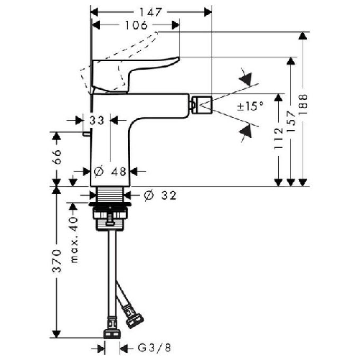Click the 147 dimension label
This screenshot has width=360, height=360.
pyautogui.click(x=151, y=12)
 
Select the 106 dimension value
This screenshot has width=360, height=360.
pyautogui.click(x=136, y=25)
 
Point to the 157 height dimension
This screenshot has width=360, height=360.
pyautogui.click(x=291, y=121)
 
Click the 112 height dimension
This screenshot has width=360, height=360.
pyautogui.click(x=279, y=139)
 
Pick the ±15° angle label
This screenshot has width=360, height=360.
pyautogui.click(x=250, y=106)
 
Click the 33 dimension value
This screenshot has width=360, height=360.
pyautogui.click(x=97, y=121)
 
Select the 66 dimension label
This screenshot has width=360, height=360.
pyautogui.click(x=57, y=157)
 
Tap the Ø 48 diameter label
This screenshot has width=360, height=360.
pyautogui.click(x=110, y=172)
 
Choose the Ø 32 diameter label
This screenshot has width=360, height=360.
pyautogui.click(x=160, y=195)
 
